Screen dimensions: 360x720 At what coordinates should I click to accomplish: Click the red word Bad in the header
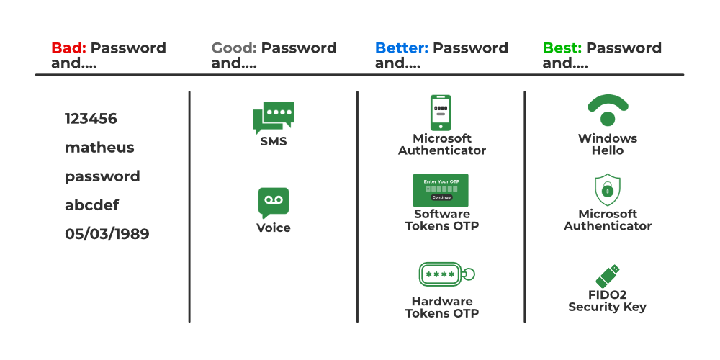[x=68, y=48]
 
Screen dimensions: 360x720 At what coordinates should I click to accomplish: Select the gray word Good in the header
[x=233, y=48]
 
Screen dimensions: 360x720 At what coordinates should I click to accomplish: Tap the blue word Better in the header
[x=401, y=48]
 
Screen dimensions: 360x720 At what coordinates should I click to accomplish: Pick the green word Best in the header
[x=562, y=48]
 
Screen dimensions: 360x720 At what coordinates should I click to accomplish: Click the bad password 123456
[x=91, y=119]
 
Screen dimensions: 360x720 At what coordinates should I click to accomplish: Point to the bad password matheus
[x=99, y=148]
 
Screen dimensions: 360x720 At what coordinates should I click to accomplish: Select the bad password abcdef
[x=91, y=205]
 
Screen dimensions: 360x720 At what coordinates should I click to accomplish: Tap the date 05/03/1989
[x=107, y=234]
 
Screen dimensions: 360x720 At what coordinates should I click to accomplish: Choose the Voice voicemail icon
[x=274, y=202]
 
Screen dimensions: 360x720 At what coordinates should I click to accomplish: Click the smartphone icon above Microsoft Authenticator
[x=441, y=112]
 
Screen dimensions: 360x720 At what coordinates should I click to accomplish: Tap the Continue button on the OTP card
[x=441, y=197]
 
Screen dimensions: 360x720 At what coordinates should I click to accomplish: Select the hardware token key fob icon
[x=446, y=274]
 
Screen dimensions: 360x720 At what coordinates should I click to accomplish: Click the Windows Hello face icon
[x=608, y=110]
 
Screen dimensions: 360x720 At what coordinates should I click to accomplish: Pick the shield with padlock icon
[x=608, y=190]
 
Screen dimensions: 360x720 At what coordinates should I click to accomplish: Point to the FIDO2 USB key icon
[x=608, y=276]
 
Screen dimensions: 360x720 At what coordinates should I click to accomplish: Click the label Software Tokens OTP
[x=442, y=220]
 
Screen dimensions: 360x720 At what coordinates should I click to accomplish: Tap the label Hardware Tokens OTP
[x=442, y=307]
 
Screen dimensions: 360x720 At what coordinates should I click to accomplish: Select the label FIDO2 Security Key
[x=607, y=301]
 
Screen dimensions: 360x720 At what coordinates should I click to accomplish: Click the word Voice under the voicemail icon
[x=274, y=228]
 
